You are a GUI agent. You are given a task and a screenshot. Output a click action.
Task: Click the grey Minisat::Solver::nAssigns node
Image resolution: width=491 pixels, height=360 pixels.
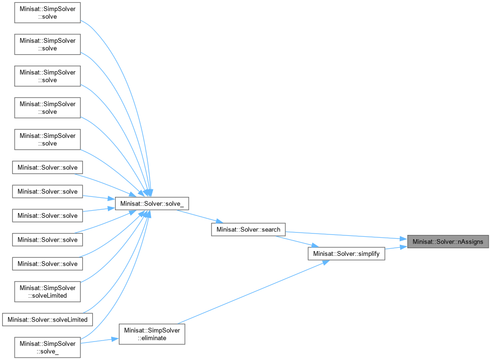pos(448,242)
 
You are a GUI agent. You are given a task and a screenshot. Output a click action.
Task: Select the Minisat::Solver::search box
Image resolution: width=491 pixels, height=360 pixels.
pos(248,229)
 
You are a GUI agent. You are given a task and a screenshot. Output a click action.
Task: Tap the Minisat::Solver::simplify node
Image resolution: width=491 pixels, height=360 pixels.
pos(346,254)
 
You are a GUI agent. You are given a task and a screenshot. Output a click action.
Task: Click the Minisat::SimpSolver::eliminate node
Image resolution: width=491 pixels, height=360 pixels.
pos(152,334)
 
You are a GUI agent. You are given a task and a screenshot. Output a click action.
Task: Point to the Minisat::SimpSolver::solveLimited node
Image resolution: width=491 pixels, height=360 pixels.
pos(48,292)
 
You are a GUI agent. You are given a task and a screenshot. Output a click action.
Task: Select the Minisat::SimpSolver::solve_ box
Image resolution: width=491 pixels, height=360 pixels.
pos(48,347)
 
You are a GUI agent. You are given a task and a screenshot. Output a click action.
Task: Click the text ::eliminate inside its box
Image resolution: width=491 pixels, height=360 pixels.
pos(152,338)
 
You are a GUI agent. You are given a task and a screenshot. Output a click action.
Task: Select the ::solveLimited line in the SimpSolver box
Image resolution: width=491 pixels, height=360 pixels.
pos(48,295)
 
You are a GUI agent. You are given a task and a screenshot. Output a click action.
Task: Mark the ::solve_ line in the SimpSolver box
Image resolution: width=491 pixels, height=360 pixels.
pos(48,351)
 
